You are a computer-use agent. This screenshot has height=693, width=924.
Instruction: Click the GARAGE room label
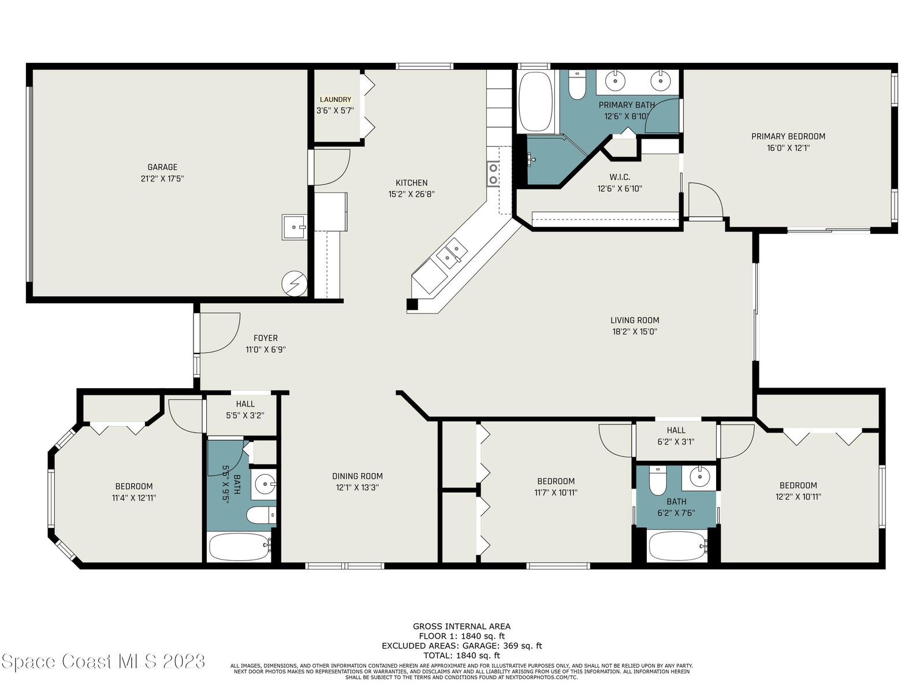(x=162, y=167)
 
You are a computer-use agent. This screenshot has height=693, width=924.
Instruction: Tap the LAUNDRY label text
(x=335, y=99)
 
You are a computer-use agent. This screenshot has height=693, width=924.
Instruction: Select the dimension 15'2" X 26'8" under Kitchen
(x=411, y=194)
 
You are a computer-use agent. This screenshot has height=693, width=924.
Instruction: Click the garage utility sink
(x=294, y=227)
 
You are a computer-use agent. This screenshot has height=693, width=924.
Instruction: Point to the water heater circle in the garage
(x=295, y=284)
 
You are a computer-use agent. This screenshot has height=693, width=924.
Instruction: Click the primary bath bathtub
(x=535, y=101)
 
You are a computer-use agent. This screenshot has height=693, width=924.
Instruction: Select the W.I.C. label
(x=620, y=177)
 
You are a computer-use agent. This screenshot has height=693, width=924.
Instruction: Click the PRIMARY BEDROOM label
(x=788, y=136)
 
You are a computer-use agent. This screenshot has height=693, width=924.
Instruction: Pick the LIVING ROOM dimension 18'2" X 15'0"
(x=634, y=331)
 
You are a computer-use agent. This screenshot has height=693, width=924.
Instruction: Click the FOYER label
(x=266, y=338)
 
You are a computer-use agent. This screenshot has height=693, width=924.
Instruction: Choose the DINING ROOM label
(x=357, y=476)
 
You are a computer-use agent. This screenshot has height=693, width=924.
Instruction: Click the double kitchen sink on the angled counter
(x=451, y=253)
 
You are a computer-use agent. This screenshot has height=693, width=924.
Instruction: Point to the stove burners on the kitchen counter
(x=493, y=174)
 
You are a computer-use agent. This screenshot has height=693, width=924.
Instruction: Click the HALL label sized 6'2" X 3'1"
(x=676, y=430)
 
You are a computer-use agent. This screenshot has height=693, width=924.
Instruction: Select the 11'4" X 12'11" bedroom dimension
(x=134, y=498)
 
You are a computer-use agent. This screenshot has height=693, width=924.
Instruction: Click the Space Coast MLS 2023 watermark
(x=103, y=661)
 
